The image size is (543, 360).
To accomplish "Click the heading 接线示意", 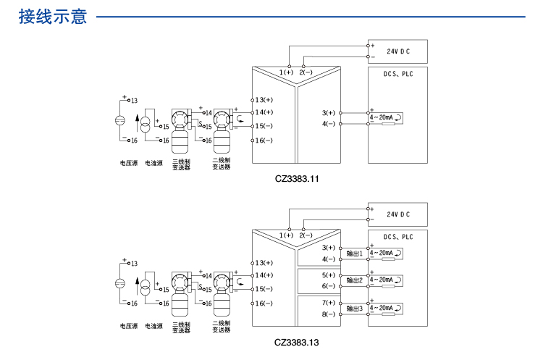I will click(x=55, y=16).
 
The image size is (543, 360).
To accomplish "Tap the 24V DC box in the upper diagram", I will click(x=397, y=51).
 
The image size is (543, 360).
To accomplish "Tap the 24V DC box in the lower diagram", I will click(x=397, y=214).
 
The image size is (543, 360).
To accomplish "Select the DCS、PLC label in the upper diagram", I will click(x=397, y=74).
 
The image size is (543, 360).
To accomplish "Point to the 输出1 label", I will click(x=355, y=254).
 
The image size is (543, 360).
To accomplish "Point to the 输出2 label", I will click(x=355, y=280).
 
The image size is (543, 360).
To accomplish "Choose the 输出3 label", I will click(x=355, y=309).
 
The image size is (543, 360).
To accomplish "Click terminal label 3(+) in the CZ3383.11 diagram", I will click(x=329, y=113).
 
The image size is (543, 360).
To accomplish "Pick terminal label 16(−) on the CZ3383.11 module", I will click(x=264, y=140).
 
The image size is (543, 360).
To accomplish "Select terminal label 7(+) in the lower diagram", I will click(x=329, y=303).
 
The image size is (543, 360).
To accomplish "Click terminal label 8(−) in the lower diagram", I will click(x=329, y=314).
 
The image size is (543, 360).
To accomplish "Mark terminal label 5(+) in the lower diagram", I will click(x=329, y=275).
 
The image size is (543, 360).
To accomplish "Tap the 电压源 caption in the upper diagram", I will click(x=128, y=164).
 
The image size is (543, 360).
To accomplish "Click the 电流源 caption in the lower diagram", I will click(x=154, y=327).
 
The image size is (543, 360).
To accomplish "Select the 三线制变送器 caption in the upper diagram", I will click(x=181, y=164).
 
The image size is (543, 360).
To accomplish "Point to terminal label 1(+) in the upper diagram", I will click(x=287, y=72).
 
